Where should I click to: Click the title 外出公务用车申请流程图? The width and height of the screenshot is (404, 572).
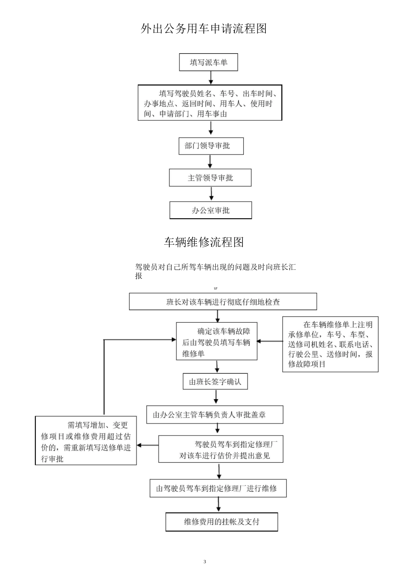coord(204,29)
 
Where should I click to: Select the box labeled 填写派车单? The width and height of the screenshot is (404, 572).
coord(208,63)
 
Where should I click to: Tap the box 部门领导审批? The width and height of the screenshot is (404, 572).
coord(211,146)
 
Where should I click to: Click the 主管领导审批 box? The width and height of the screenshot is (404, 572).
coord(210,178)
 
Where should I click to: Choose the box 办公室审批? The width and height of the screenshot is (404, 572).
coord(211,210)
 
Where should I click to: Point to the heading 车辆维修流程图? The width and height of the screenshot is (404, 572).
coord(204,242)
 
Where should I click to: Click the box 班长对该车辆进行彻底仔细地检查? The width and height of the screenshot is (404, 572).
coord(223,302)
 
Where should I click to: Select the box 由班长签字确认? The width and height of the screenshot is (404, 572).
coord(215,382)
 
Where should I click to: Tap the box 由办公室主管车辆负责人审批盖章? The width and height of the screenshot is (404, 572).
coord(215,415)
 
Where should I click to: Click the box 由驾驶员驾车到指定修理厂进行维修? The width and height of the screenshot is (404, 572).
coord(218,488)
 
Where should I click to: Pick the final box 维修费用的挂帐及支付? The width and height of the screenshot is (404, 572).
coord(222,522)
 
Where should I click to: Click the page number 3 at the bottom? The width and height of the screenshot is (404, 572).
coord(205,562)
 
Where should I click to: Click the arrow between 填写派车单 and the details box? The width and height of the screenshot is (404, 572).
coord(211,78)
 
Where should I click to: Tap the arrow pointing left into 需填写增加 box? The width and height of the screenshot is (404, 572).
coord(147,446)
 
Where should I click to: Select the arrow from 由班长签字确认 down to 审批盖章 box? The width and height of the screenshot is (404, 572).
coord(216,397)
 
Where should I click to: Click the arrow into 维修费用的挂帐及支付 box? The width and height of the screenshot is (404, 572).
coord(219,505)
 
